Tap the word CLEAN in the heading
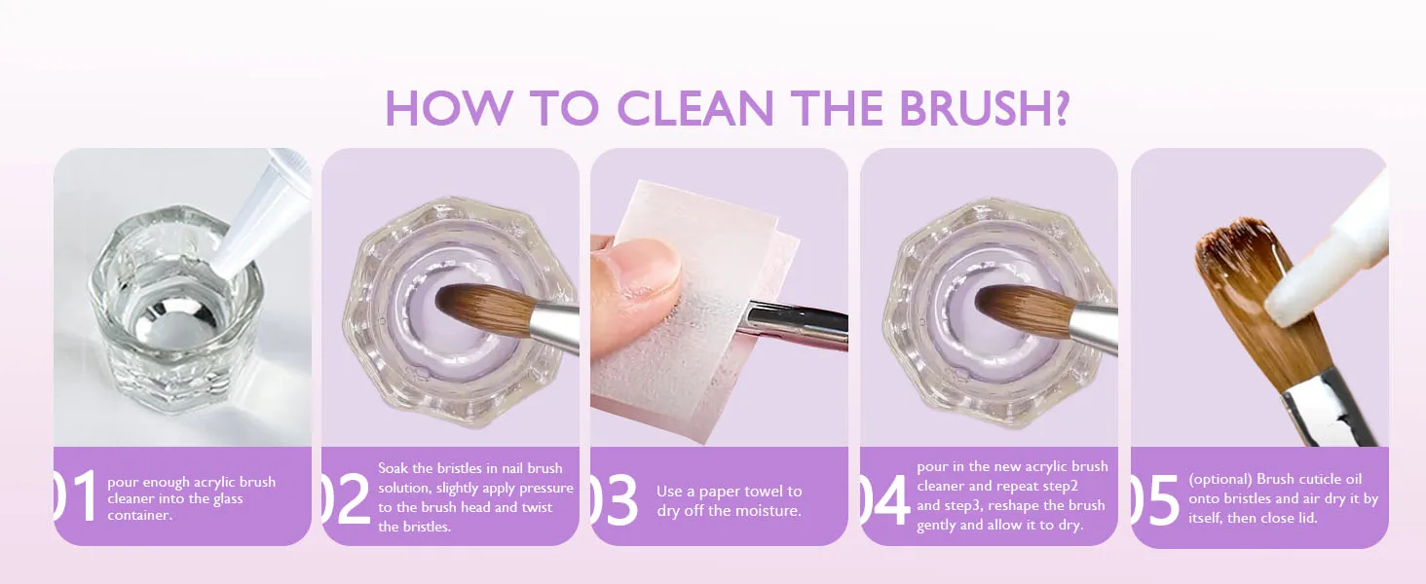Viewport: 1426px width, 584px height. (x=695, y=108)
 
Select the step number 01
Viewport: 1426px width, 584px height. (x=75, y=496)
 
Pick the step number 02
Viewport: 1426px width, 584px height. (x=345, y=498)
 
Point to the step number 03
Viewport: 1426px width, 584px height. (x=614, y=500)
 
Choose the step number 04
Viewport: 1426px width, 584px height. (x=884, y=500)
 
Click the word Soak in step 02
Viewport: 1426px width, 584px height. (x=392, y=468)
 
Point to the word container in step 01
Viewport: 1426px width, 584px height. (x=139, y=515)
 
